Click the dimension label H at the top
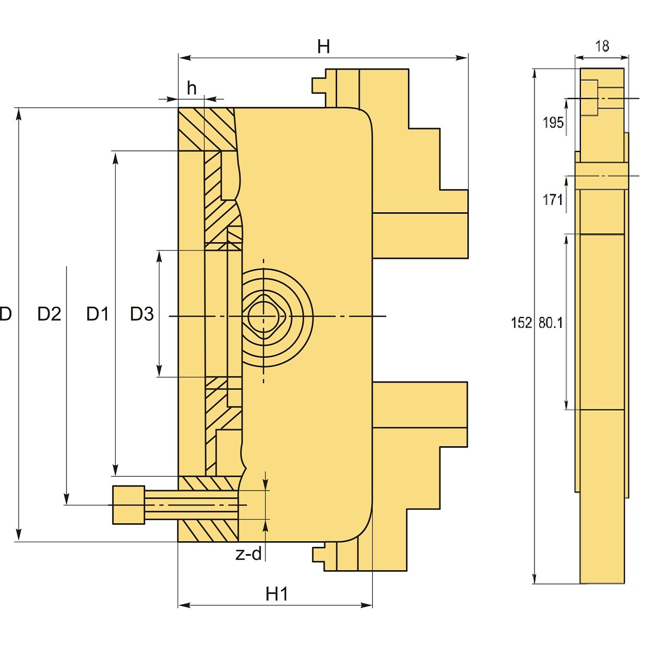[x=323, y=47]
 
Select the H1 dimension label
[x=277, y=594]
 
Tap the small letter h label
[x=192, y=88]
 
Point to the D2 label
[x=50, y=314]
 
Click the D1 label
[x=98, y=314]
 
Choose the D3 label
[x=142, y=314]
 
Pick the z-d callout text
[x=249, y=554]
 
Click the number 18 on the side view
[x=602, y=46]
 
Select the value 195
[x=553, y=123]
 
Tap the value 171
[x=553, y=199]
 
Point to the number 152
[x=521, y=323]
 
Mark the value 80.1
[x=550, y=323]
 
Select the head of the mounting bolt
[x=129, y=505]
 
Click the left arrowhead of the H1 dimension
[x=182, y=605]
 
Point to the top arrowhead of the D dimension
[x=19, y=113]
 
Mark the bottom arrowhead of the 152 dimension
[x=535, y=579]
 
